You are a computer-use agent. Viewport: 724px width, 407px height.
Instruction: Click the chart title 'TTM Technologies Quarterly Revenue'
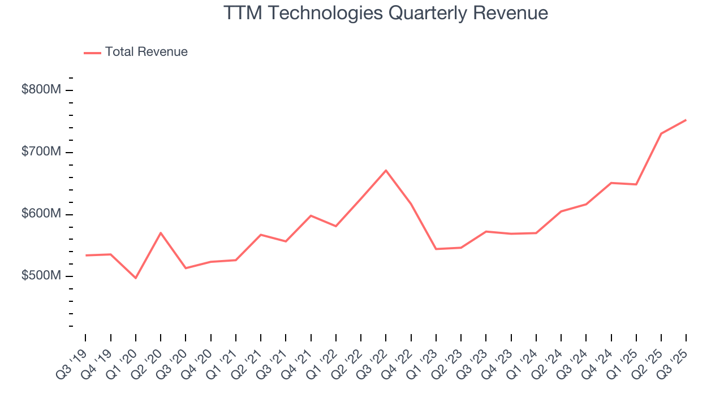click(386, 13)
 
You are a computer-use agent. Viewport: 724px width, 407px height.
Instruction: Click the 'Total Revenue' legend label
click(146, 52)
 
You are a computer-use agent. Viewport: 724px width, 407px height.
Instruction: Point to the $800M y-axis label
click(41, 90)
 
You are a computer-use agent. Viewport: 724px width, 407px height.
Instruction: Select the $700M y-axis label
click(41, 152)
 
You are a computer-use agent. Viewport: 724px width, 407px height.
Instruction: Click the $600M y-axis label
click(41, 214)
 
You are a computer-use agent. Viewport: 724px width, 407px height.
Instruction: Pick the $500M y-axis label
click(41, 276)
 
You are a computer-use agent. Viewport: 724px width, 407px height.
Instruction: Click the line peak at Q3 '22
click(386, 170)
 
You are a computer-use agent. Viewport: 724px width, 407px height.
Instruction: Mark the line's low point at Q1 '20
click(136, 278)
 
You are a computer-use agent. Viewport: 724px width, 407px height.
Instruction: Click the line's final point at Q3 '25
click(686, 120)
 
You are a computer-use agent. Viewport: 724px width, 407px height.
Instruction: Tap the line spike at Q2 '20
click(161, 232)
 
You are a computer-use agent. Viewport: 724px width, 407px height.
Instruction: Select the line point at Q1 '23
click(436, 249)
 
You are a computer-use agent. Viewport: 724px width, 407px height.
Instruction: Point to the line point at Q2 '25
click(661, 133)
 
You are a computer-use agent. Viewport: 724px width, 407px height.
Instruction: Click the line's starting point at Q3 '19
click(86, 256)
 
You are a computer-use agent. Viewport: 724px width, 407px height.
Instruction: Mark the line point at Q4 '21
click(311, 215)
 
